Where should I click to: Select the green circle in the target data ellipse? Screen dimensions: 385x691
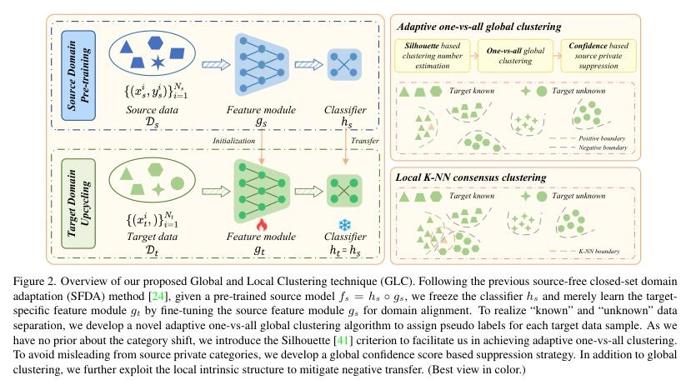coord(177,182)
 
